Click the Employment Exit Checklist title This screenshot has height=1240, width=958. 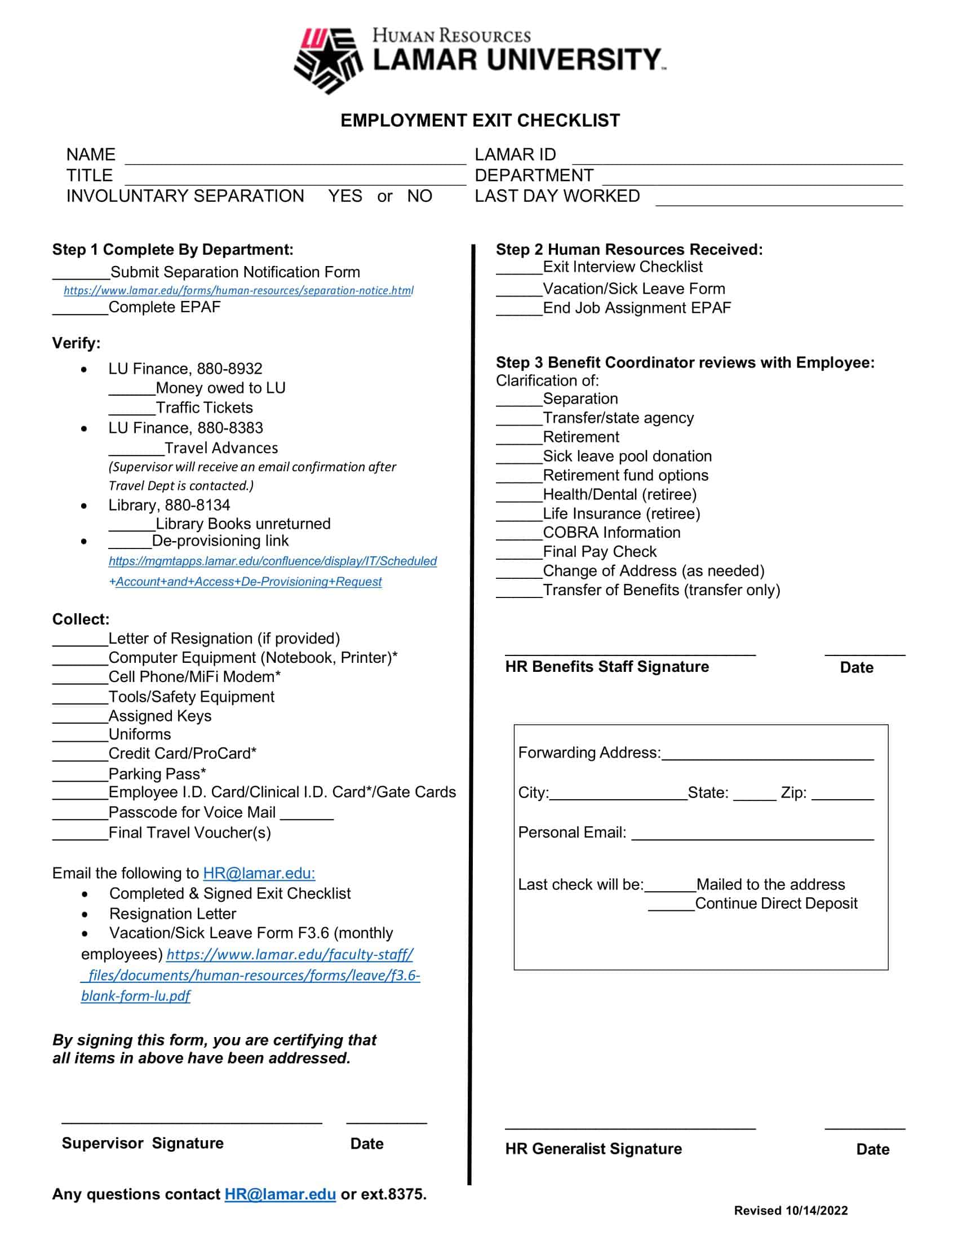[480, 121]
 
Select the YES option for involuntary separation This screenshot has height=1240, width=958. [344, 196]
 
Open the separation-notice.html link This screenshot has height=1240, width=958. [238, 291]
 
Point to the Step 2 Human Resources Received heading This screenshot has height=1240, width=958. [629, 249]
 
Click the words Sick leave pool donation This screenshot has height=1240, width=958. [627, 456]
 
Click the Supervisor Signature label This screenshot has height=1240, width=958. [143, 1143]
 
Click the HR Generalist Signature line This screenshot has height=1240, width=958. [630, 1126]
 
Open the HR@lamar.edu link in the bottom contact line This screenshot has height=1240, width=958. [280, 1194]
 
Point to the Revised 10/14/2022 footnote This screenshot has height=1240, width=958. [791, 1211]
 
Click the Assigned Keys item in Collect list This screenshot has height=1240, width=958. [159, 715]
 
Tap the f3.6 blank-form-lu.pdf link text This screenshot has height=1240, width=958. [250, 975]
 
